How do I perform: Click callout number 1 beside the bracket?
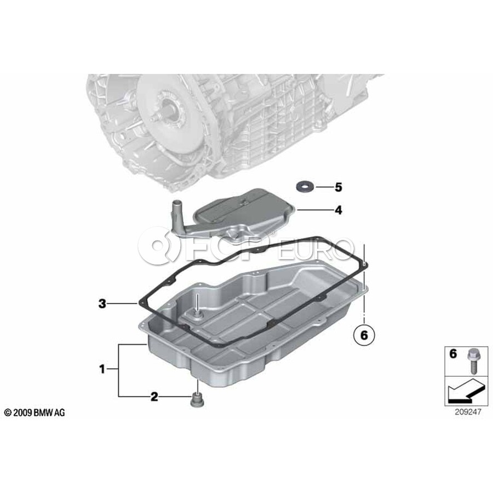102,369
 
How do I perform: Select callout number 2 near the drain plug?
154,397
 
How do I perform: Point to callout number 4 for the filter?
338,210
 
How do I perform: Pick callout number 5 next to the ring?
338,187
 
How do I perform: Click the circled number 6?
364,335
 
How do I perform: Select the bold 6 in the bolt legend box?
453,354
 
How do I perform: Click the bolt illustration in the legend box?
473,361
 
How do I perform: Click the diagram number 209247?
468,411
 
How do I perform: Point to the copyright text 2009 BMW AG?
35,412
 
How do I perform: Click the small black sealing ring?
305,187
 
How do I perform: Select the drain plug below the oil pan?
197,399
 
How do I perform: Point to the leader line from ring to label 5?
324,187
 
